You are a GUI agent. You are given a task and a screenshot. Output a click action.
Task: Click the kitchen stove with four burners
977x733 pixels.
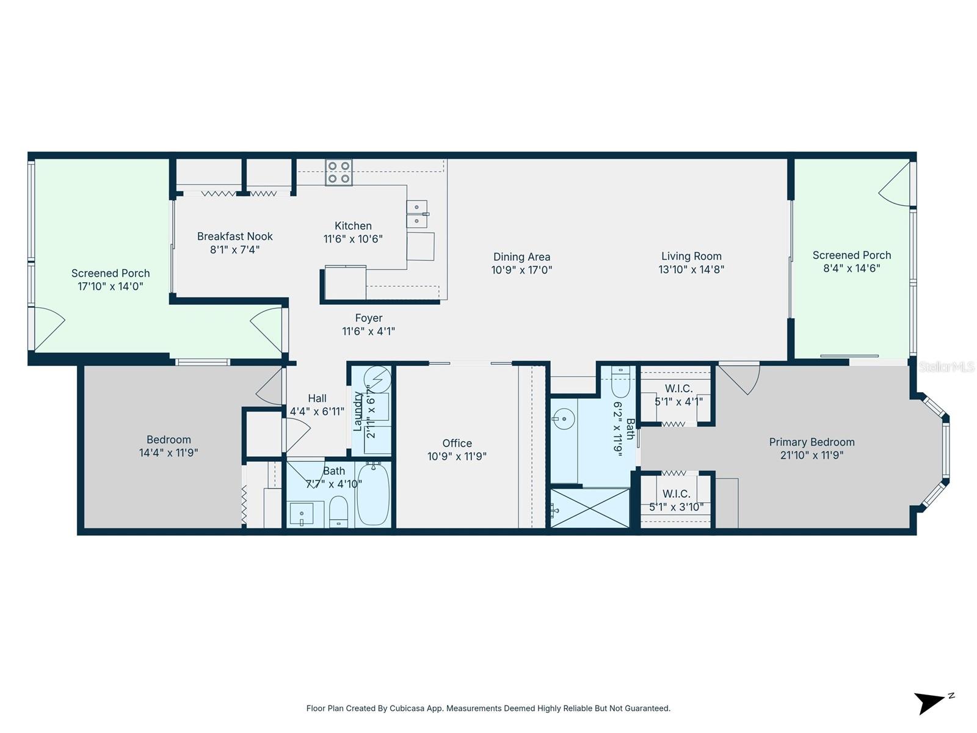click(338, 172)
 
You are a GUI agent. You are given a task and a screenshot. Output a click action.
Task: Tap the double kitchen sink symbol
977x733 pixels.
click(417, 213)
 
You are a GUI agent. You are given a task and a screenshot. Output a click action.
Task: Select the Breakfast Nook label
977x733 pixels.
click(234, 236)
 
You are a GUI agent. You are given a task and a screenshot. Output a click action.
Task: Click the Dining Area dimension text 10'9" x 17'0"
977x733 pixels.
click(521, 270)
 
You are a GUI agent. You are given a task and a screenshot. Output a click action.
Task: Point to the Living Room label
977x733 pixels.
click(691, 257)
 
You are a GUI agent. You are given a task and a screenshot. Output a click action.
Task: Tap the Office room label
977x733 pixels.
click(457, 443)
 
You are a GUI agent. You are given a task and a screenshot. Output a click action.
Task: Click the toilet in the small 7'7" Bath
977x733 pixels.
click(338, 512)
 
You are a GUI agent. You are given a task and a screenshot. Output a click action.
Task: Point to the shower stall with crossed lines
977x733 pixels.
click(590, 508)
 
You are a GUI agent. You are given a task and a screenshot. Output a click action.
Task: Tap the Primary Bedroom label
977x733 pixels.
click(812, 442)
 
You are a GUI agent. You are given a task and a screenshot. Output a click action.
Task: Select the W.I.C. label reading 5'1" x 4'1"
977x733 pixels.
click(678, 395)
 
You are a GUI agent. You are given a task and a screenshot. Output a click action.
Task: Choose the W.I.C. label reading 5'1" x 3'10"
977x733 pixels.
click(676, 500)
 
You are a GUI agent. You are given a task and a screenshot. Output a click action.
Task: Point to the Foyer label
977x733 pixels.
click(369, 318)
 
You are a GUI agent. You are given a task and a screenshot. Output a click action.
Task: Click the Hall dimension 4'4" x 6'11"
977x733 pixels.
click(317, 412)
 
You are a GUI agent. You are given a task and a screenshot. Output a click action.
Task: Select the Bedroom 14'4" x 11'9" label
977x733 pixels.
click(169, 446)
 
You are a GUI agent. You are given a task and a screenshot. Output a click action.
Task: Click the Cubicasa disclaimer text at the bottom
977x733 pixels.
click(488, 709)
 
